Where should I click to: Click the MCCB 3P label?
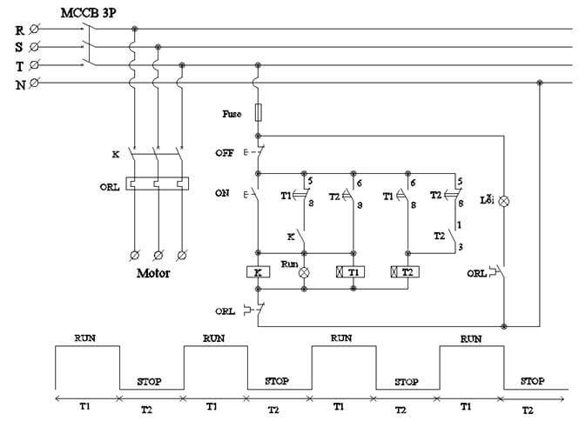click(89, 13)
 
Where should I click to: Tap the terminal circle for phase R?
click(34, 29)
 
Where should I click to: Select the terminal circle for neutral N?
click(34, 84)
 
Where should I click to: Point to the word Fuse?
click(231, 114)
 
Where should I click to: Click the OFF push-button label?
click(224, 152)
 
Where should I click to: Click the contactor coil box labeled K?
click(258, 272)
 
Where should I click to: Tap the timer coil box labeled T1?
click(351, 272)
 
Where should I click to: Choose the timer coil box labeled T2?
click(407, 272)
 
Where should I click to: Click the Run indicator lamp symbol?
click(305, 272)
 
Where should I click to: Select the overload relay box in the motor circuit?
click(158, 184)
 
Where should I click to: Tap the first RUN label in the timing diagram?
click(85, 337)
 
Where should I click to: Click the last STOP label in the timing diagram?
click(532, 381)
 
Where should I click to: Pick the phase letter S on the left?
click(19, 47)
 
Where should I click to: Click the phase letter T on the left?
click(19, 65)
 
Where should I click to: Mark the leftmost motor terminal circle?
click(135, 255)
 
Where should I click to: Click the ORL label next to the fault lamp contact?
click(476, 272)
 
